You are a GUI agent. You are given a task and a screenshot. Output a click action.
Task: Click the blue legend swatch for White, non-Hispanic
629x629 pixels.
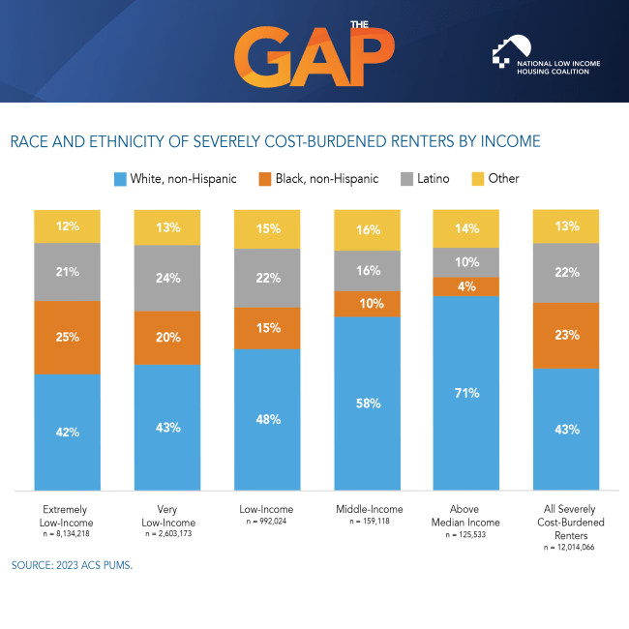pos(121,179)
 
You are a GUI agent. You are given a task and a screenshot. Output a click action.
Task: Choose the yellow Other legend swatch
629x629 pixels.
pos(476,179)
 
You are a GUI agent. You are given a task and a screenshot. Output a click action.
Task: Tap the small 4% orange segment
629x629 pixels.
pos(466,286)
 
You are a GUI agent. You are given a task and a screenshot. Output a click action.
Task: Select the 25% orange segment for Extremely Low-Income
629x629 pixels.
pos(67,338)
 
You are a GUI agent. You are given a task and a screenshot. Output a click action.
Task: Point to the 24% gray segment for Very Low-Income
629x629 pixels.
pos(167,278)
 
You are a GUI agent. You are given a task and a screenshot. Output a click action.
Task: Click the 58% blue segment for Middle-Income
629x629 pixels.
pos(367,403)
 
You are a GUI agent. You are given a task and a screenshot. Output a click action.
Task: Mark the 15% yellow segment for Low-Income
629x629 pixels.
pos(267,229)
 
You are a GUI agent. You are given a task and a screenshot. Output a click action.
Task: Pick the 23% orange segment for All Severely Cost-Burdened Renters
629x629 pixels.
pos(566,336)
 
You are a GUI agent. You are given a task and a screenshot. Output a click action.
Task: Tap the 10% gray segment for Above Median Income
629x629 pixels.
pos(466,262)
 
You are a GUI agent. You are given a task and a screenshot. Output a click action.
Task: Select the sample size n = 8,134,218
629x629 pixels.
pos(67,534)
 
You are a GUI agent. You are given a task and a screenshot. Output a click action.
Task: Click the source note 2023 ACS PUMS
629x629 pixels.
pos(72,565)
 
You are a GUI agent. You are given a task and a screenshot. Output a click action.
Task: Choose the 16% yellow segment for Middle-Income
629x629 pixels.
pos(367,230)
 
